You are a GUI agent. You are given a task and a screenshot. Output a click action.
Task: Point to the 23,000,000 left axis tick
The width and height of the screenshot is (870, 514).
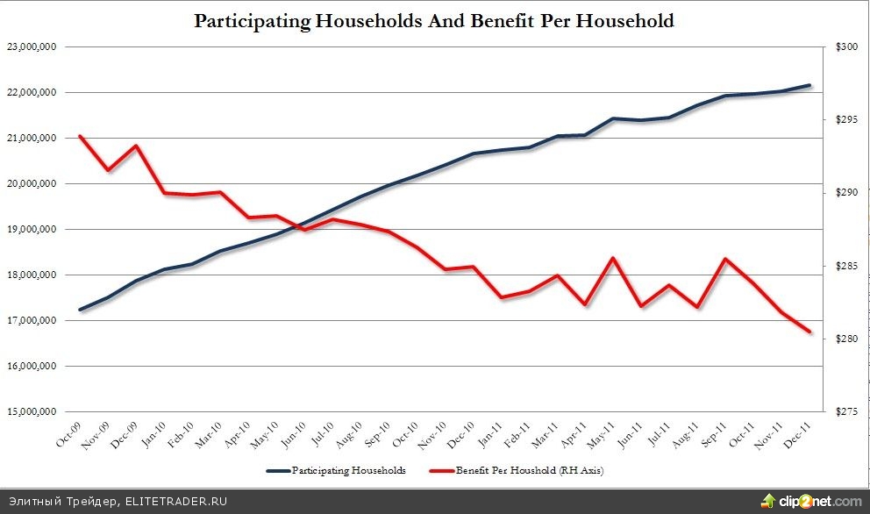tap(32, 46)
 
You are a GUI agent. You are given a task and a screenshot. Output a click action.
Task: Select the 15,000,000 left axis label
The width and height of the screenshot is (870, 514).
tap(32, 411)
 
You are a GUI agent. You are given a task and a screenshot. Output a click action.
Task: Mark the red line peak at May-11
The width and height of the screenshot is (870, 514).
tap(612, 258)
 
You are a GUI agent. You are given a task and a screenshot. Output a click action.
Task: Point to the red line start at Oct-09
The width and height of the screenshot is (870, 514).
tap(80, 136)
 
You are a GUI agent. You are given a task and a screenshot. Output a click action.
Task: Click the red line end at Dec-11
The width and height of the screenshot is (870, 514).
tap(809, 332)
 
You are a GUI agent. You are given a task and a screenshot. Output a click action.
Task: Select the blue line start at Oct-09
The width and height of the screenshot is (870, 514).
tap(80, 310)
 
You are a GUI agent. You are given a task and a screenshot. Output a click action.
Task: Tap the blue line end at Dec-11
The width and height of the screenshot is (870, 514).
tap(809, 85)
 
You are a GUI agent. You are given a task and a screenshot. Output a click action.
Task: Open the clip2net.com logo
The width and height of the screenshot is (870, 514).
tap(812, 501)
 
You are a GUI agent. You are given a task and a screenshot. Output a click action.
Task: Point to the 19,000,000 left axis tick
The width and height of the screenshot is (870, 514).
tap(32, 229)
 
